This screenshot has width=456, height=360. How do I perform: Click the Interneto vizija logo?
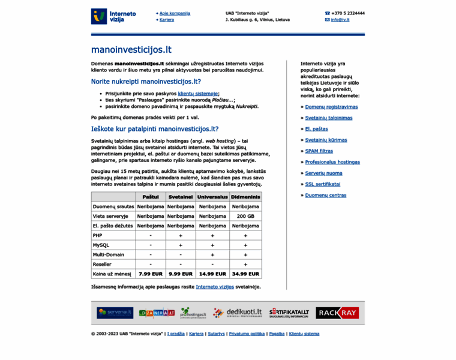pyautogui.click(x=113, y=16)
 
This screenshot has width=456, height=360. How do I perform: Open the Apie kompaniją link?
pyautogui.click(x=175, y=13)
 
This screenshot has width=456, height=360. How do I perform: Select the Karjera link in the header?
pyautogui.click(x=167, y=20)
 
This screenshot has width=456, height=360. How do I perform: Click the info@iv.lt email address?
pyautogui.click(x=340, y=20)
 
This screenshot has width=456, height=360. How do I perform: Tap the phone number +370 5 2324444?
pyautogui.click(x=348, y=13)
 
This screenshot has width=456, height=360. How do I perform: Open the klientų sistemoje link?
pyautogui.click(x=199, y=94)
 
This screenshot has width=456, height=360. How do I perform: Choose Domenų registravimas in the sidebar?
pyautogui.click(x=331, y=107)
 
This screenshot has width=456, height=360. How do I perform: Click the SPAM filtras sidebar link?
pyautogui.click(x=319, y=151)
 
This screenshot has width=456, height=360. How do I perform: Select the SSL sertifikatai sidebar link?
pyautogui.click(x=322, y=184)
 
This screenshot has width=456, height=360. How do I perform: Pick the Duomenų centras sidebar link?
pyautogui.click(x=325, y=195)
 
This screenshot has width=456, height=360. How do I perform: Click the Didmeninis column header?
pyautogui.click(x=245, y=197)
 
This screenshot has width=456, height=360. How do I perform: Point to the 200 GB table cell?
pyautogui.click(x=245, y=216)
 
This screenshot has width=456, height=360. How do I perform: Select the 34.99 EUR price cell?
pyautogui.click(x=245, y=274)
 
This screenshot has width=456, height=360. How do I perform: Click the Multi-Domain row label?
pyautogui.click(x=109, y=254)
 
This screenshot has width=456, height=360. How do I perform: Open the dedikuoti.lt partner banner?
pyautogui.click(x=236, y=313)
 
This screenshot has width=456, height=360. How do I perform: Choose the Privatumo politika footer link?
pyautogui.click(x=247, y=334)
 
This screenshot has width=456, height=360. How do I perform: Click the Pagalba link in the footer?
pyautogui.click(x=277, y=334)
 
